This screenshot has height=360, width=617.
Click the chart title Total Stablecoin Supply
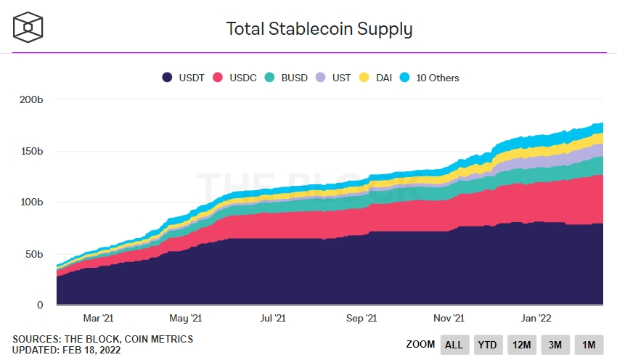coord(319,29)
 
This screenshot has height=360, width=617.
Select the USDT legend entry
coord(185,78)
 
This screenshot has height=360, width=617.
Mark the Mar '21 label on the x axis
coord(98,318)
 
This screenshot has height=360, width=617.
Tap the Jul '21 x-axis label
coord(274,318)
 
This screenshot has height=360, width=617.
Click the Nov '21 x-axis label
coord(449,318)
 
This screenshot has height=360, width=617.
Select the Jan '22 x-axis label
coord(536,318)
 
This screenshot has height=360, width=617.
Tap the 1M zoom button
coord(589,345)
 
